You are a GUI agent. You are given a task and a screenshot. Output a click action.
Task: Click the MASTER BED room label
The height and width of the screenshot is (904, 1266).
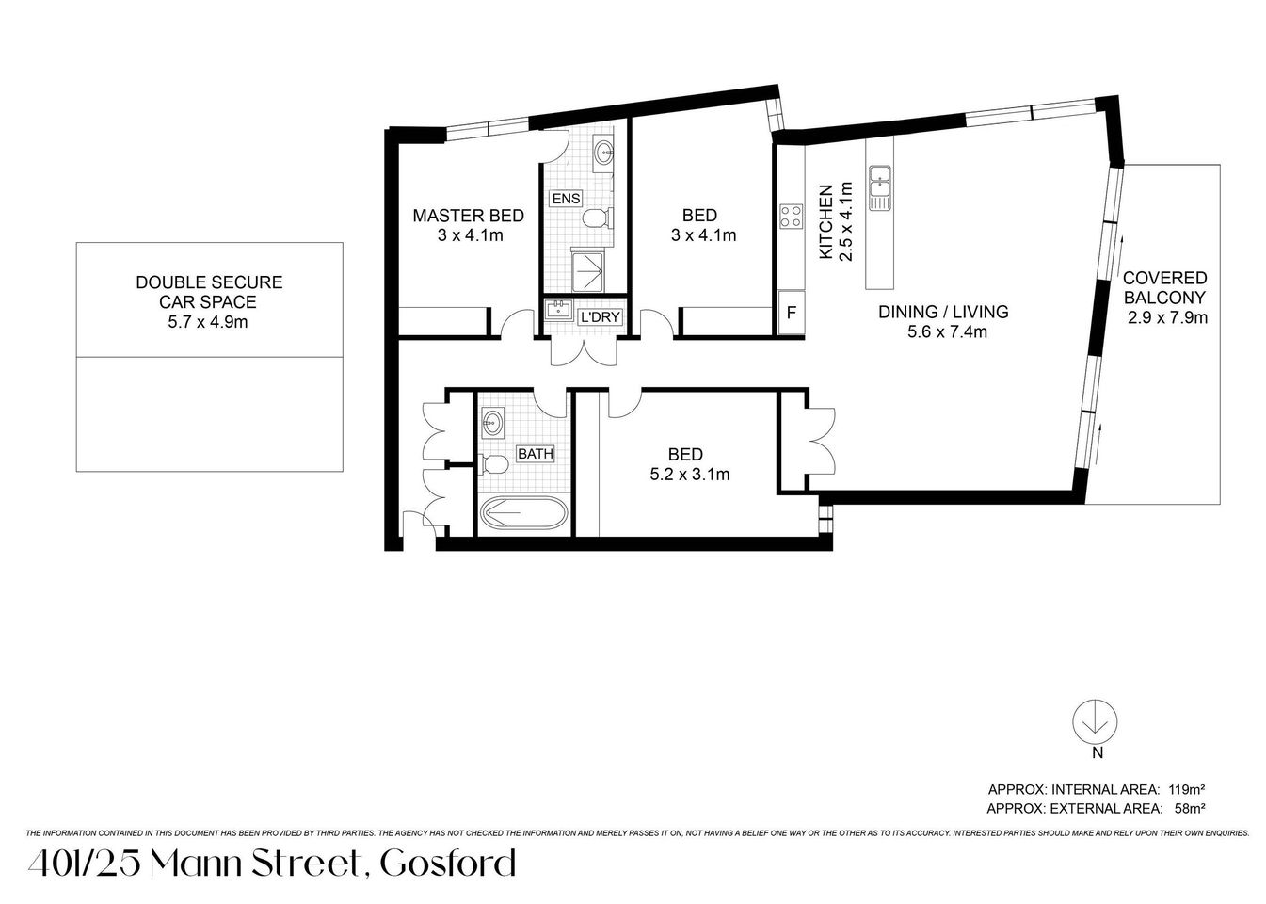[468, 216]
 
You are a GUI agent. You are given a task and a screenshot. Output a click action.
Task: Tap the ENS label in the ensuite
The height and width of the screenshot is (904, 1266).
[566, 198]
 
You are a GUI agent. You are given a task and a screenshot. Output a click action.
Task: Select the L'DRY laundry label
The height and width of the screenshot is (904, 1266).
[600, 316]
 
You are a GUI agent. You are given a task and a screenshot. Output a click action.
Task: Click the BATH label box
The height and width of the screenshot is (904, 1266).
[535, 454]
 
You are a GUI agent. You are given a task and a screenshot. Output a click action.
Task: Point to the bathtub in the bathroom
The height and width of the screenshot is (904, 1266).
[523, 515]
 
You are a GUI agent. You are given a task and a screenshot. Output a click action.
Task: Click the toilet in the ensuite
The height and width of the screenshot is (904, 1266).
[597, 219]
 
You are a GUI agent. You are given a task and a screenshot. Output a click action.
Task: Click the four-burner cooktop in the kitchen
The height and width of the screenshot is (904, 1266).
[790, 217]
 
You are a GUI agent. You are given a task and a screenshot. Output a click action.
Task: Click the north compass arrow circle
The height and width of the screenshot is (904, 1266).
[1096, 722]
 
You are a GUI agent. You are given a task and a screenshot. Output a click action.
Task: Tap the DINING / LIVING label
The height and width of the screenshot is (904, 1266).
[943, 312]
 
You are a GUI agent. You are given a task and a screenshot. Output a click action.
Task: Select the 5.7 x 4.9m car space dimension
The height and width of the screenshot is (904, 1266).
[209, 322]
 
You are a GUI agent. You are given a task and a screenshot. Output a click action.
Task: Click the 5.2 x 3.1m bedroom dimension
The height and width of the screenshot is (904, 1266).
[690, 475]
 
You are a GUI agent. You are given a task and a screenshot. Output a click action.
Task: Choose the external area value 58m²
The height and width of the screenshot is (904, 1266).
[1191, 808]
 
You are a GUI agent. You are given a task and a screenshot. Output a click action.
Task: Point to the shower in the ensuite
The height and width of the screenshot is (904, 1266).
[591, 271]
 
